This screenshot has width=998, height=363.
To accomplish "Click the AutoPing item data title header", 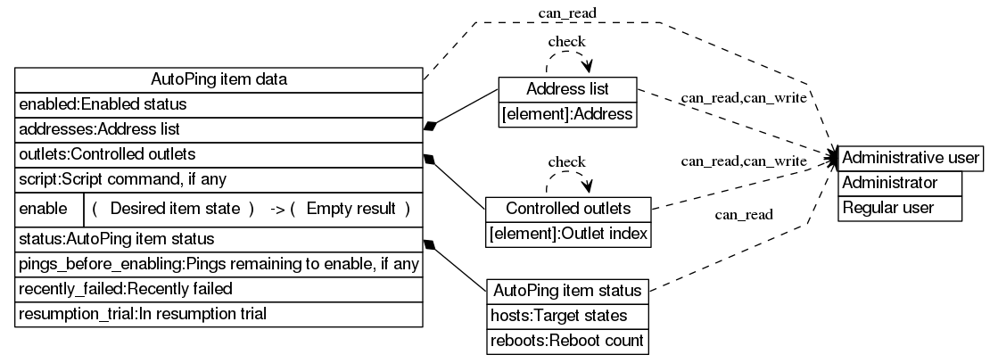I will point(219,80).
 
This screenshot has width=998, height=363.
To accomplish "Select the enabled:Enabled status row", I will point(219,104).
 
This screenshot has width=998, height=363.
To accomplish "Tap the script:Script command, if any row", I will point(219,178).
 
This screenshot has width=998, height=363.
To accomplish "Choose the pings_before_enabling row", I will point(219,265).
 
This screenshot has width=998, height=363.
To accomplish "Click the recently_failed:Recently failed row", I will point(219,289).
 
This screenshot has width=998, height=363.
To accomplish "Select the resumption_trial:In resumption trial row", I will point(219,314).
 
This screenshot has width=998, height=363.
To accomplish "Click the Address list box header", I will point(567,89).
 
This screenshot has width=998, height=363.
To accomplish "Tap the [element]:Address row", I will point(567,114).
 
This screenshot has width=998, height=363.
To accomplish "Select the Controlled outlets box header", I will point(568,209).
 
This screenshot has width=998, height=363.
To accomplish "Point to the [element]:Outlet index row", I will point(568,234).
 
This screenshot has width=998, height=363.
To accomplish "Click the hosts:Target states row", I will point(568,316).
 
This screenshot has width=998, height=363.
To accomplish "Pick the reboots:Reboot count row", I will point(568,341).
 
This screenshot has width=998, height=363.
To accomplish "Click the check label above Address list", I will point(566,41).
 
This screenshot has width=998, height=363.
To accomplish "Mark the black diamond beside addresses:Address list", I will point(432,127).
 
